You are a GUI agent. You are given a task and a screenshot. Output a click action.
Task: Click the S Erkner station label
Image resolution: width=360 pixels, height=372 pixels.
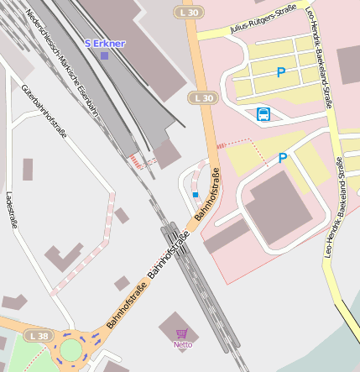point(105,42)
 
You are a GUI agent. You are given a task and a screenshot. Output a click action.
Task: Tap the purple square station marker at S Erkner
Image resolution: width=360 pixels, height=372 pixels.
point(105,55)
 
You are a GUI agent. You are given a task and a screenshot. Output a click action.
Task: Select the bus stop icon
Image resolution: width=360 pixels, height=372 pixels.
point(263,113)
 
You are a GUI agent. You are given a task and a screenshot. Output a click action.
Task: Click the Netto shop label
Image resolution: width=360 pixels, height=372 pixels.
point(183,344)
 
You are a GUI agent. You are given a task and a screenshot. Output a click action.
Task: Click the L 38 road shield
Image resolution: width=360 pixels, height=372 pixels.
point(38,336)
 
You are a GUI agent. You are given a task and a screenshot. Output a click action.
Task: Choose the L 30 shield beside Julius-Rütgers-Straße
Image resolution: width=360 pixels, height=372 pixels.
point(203,98)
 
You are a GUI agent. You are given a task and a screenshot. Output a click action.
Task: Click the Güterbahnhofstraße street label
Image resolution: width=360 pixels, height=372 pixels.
point(44,110)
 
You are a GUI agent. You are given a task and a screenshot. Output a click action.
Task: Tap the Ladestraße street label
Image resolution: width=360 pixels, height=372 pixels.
point(11,210)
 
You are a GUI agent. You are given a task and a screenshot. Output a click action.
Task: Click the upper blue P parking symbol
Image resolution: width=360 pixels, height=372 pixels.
point(281,73)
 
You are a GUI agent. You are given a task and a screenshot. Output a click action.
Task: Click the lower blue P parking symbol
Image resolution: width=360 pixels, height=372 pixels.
point(283,158)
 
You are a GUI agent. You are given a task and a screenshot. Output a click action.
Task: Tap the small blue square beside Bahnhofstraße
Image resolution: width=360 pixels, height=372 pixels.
point(196,195)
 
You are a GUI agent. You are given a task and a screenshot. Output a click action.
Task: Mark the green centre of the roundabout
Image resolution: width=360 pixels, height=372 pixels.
point(71,348)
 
